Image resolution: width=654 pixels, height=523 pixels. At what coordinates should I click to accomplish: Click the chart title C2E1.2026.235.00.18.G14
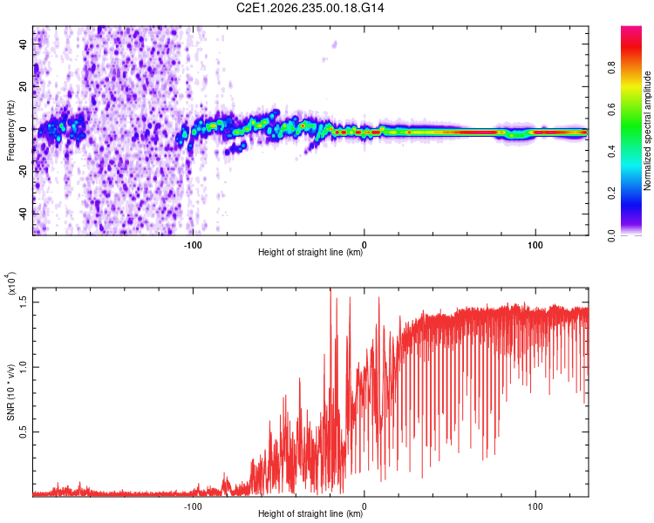click(310, 8)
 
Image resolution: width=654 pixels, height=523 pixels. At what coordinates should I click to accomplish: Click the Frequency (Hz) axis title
click(10, 131)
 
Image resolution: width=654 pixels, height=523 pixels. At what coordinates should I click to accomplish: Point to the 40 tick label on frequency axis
click(24, 44)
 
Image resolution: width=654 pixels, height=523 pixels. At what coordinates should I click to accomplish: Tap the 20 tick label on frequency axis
click(24, 86)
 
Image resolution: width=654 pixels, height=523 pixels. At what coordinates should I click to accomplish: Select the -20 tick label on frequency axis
click(24, 170)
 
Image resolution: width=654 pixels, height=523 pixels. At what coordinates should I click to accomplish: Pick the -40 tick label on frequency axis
click(24, 213)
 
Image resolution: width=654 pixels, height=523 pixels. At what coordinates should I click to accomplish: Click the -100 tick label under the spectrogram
click(193, 245)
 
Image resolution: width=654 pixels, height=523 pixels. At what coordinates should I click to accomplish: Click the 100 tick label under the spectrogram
click(535, 245)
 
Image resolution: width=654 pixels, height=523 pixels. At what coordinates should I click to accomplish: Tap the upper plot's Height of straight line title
click(310, 252)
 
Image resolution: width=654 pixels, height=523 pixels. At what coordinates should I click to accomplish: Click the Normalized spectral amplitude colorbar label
click(647, 131)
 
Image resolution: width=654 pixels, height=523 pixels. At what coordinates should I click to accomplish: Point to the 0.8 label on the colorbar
click(611, 67)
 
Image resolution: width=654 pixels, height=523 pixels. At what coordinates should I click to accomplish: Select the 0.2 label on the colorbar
click(611, 194)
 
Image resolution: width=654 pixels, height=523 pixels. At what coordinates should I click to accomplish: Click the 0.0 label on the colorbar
click(611, 235)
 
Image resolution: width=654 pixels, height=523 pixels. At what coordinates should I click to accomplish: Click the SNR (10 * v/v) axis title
click(10, 392)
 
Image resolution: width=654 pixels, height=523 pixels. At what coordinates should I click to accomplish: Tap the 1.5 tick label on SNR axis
click(24, 302)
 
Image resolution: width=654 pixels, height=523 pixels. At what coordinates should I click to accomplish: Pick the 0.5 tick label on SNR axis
click(24, 432)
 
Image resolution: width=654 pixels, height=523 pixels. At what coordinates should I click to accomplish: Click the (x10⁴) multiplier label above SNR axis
click(10, 283)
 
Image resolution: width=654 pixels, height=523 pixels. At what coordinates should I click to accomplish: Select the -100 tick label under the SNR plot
click(193, 506)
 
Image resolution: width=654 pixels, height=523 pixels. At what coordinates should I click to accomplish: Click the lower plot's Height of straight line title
click(310, 513)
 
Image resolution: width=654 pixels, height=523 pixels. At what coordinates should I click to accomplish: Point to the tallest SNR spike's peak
click(330, 289)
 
